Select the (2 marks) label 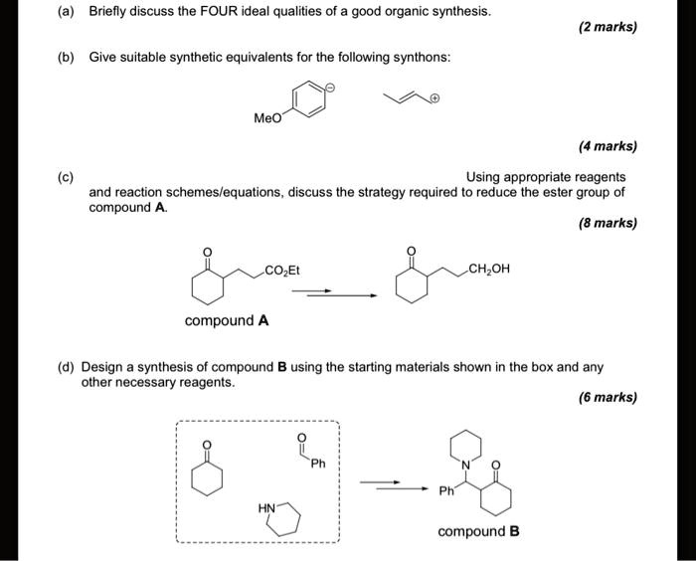[x=607, y=27]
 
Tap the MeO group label [x=267, y=118]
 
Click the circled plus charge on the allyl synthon [x=435, y=99]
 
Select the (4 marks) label [x=607, y=146]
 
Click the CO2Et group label [x=285, y=269]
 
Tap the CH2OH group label [x=489, y=268]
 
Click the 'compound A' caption [x=227, y=321]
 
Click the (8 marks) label [x=607, y=223]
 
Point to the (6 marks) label [x=607, y=397]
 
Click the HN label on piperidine [x=266, y=507]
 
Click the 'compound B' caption [x=478, y=531]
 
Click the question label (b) [x=65, y=58]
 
